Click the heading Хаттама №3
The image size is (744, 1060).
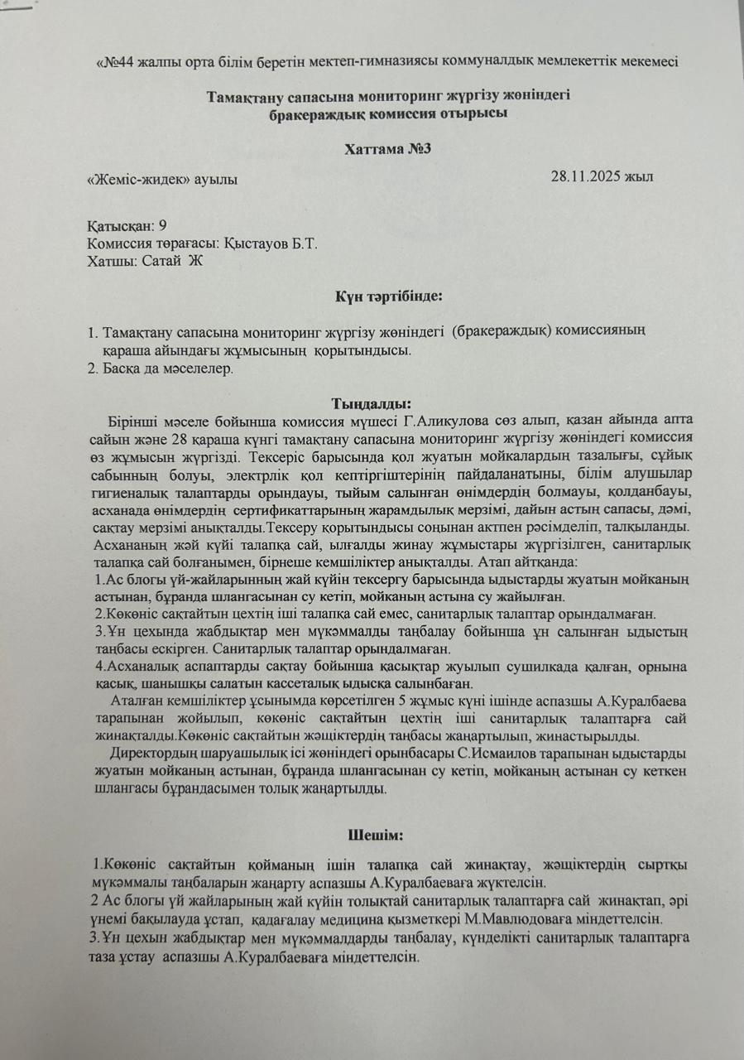[388, 149]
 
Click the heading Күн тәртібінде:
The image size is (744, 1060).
[388, 296]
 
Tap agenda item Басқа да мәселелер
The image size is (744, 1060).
[169, 368]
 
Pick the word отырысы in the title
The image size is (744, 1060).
[473, 113]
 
